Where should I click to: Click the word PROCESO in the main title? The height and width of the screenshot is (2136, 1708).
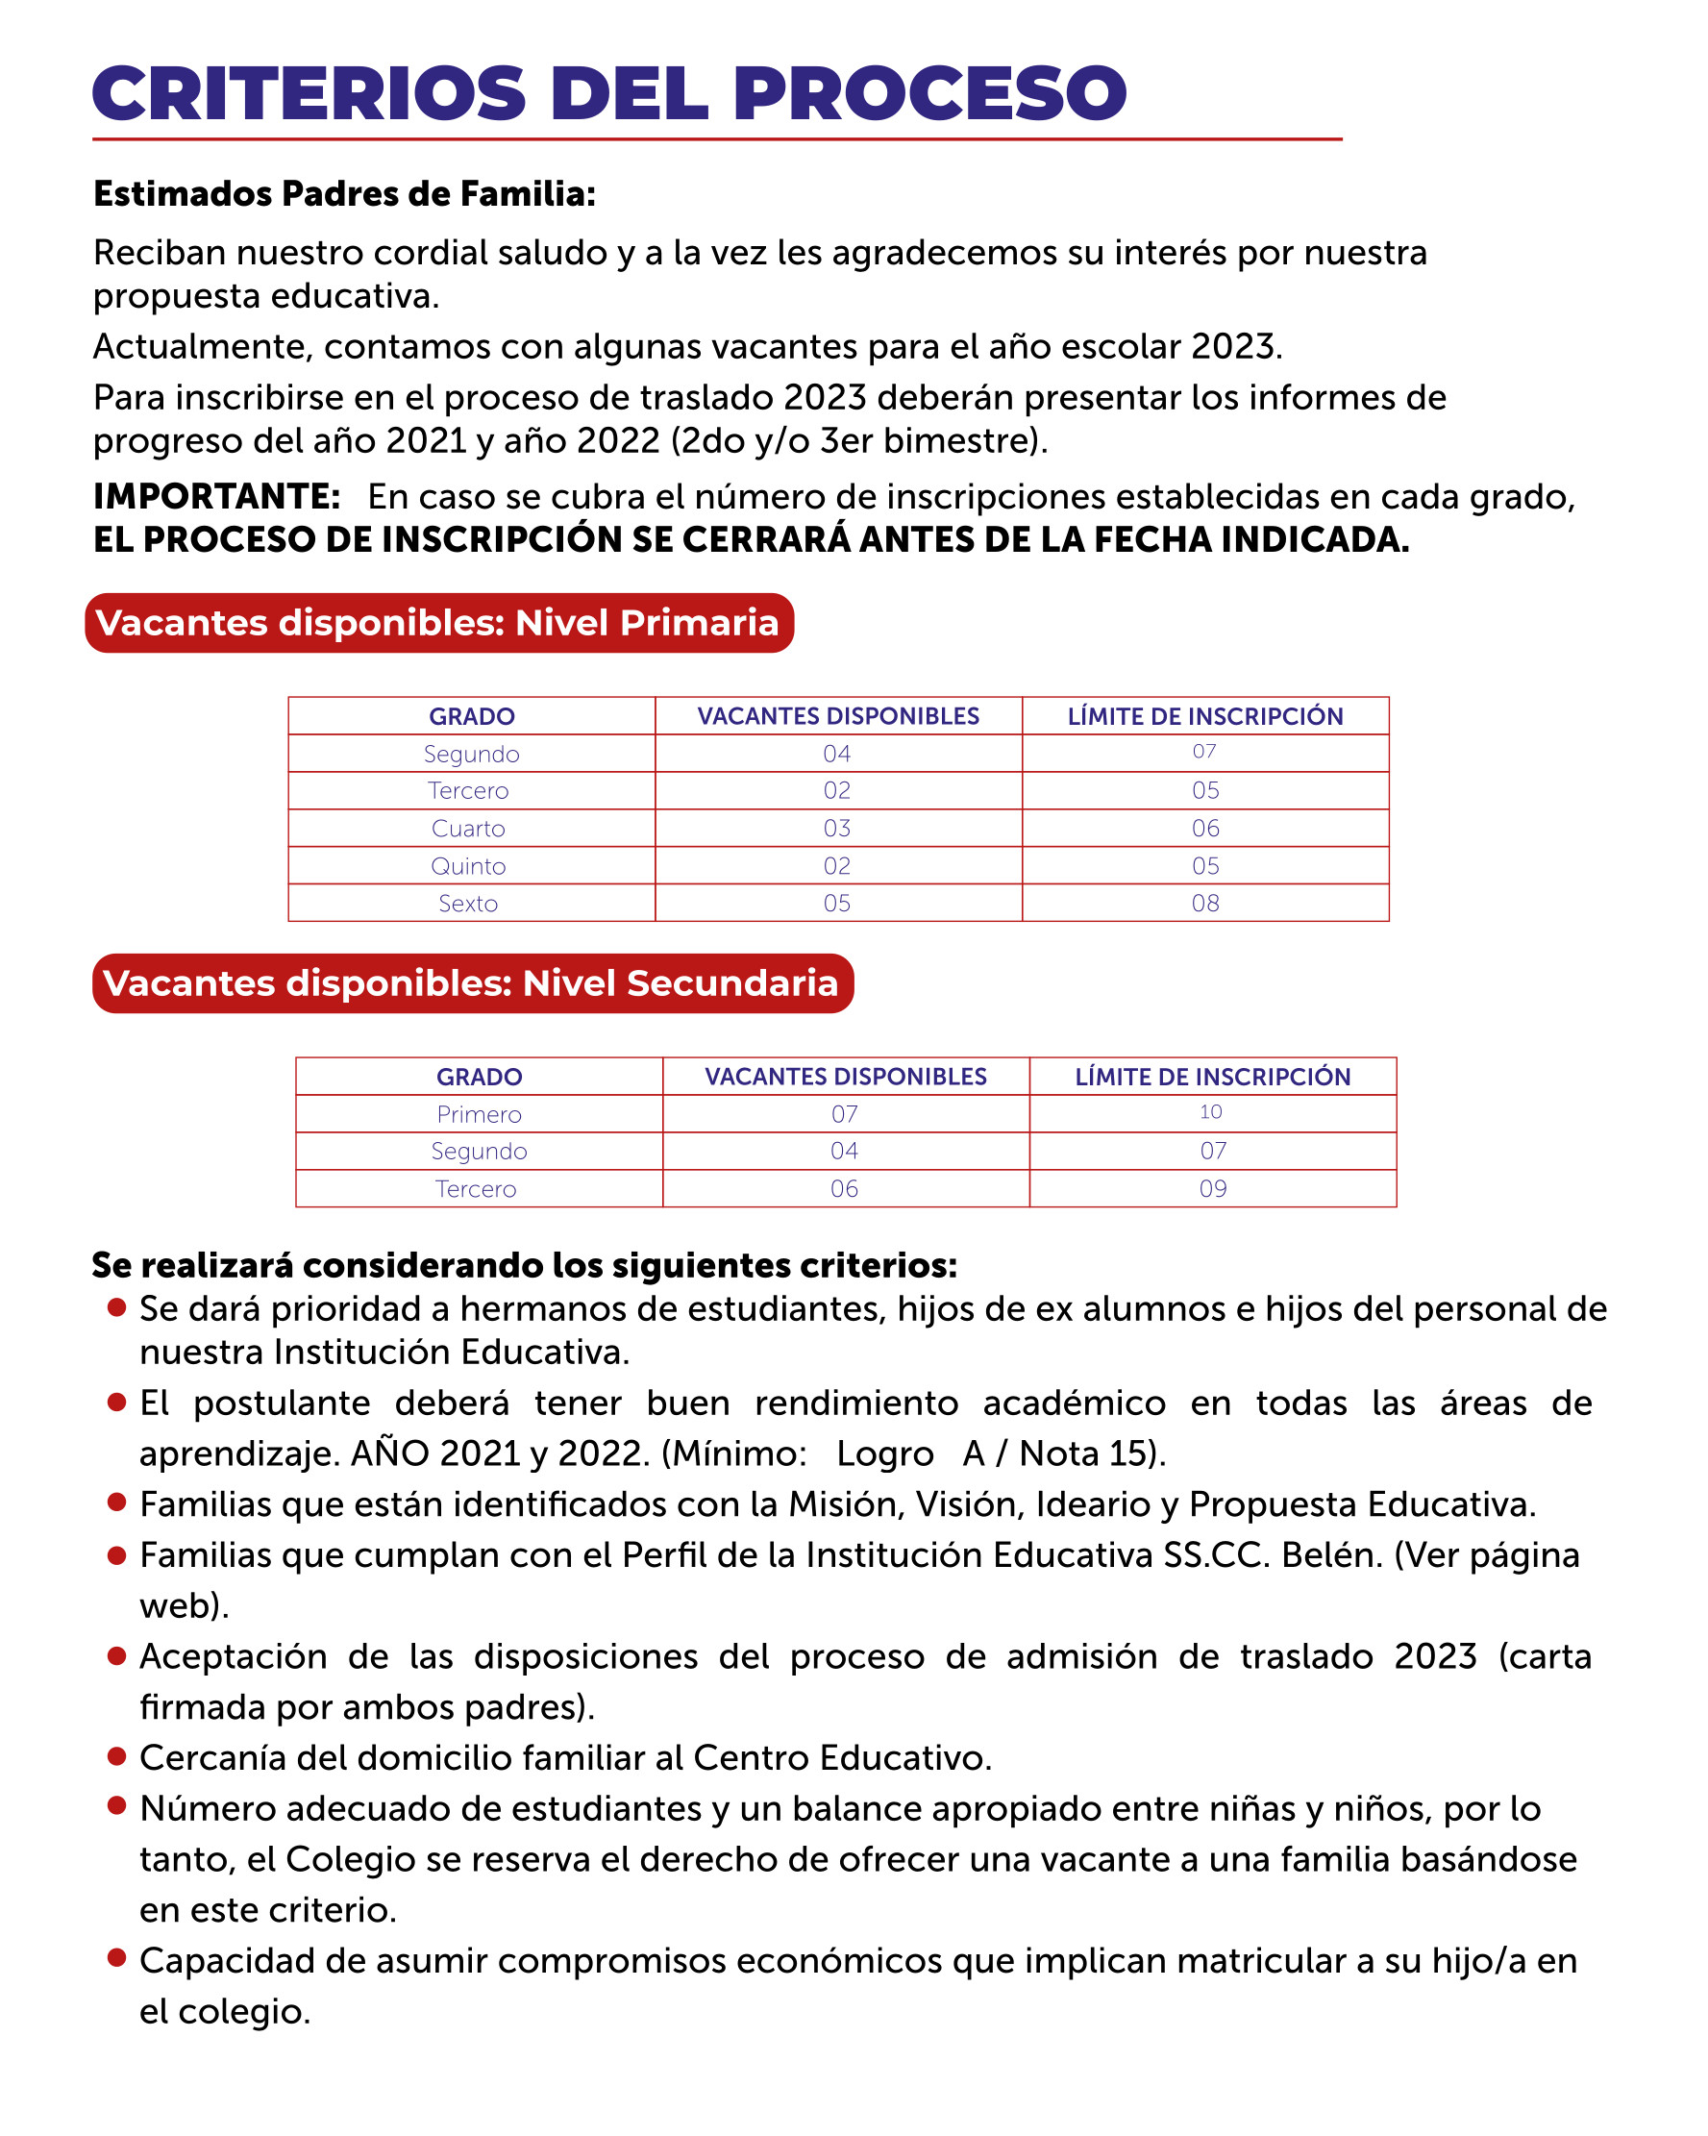(928, 94)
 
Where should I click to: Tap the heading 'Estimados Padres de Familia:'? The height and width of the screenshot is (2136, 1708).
(344, 194)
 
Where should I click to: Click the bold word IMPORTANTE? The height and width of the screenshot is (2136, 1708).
(217, 496)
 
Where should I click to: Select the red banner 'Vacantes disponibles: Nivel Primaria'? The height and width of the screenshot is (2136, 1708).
(439, 623)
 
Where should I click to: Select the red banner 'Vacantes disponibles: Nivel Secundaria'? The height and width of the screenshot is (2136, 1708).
(472, 983)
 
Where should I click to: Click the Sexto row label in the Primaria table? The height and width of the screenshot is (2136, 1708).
(469, 904)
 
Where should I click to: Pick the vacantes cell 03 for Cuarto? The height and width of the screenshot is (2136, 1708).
(837, 829)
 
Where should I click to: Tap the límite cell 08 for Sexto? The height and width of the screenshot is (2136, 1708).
(1204, 904)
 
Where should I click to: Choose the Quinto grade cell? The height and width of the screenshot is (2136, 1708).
(469, 866)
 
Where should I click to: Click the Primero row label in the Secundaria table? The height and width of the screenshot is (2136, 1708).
(479, 1114)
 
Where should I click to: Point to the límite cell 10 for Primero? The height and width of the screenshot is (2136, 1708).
(1211, 1112)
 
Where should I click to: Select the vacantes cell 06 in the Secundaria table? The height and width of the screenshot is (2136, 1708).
(844, 1189)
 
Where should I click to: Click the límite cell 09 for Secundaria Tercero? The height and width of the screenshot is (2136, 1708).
(1213, 1189)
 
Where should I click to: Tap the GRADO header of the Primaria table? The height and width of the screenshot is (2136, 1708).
(472, 716)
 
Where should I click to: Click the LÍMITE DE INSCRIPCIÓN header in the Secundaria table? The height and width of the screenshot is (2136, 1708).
(1213, 1077)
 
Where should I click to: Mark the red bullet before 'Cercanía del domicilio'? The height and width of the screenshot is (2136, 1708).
(117, 1756)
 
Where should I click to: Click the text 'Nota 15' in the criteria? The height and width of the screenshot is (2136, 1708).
(1085, 1453)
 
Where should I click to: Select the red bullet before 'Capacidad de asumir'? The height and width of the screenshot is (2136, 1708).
(117, 1956)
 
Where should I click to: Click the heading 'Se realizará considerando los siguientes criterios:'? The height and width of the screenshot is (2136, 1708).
(524, 1265)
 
